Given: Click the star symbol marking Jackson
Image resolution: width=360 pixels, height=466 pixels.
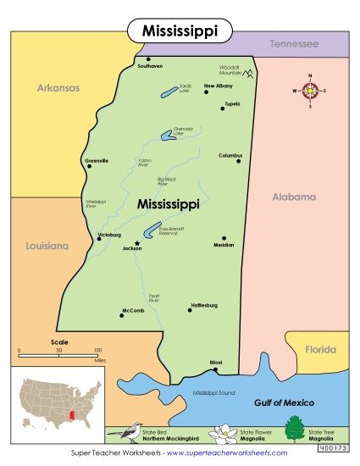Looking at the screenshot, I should click(x=125, y=243).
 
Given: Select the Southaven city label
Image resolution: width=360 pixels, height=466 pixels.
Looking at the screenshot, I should click(x=150, y=66).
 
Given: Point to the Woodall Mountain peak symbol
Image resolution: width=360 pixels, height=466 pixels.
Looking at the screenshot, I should click(x=249, y=74).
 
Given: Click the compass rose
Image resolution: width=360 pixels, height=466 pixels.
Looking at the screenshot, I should click(x=311, y=90).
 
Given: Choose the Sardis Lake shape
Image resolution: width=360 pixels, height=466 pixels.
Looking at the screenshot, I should click(x=169, y=91).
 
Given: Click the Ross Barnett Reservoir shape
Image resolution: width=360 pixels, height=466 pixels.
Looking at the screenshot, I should click(x=151, y=230).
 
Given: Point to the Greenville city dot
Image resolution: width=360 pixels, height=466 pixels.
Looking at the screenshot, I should click(x=89, y=166).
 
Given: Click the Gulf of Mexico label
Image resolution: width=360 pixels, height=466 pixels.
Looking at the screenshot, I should click(x=284, y=402).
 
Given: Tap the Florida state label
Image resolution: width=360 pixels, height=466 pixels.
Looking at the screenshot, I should click(x=320, y=348).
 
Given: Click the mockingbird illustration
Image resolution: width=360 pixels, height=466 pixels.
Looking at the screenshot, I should click(x=125, y=432).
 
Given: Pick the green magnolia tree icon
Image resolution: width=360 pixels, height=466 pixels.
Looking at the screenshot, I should click(x=294, y=431).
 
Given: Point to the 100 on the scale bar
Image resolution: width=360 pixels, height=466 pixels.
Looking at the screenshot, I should click(x=99, y=349).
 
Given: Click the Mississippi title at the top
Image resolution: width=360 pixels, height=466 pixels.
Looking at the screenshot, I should click(x=179, y=31).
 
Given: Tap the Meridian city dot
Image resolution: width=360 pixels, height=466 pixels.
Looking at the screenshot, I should click(x=224, y=238).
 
